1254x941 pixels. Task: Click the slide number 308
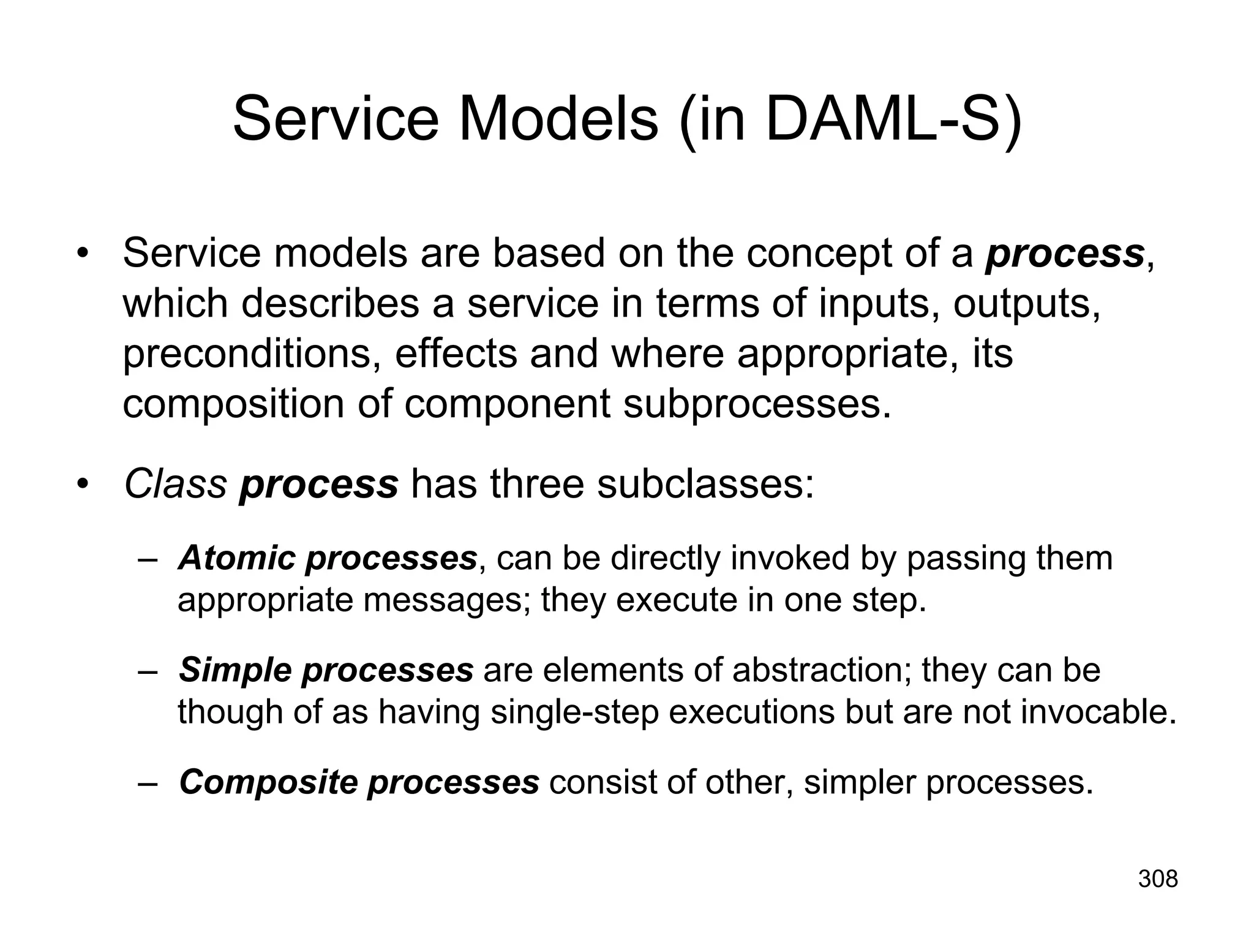pos(1158,879)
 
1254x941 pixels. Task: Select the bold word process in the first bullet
pos(1064,254)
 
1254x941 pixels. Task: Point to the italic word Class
pos(175,483)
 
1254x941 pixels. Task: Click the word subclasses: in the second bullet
pos(705,483)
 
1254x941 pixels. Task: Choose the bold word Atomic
pos(236,558)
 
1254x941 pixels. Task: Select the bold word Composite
pos(268,782)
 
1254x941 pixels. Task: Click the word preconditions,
pos(251,354)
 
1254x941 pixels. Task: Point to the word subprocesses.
pos(757,404)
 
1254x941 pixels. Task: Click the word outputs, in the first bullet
pos(1026,304)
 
